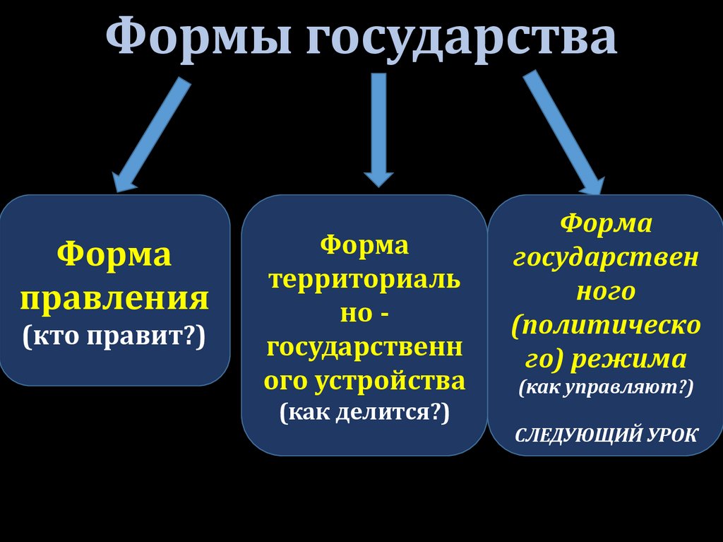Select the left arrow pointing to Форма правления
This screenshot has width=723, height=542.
point(151,134)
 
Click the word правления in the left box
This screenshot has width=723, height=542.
point(114,297)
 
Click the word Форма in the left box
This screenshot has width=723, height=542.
point(114,254)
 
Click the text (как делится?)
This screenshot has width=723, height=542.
point(364,412)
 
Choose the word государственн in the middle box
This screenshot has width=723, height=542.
point(364,347)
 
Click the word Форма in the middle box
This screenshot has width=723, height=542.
point(364,245)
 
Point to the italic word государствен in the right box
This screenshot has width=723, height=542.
point(606,258)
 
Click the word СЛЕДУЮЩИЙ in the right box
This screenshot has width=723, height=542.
point(574,433)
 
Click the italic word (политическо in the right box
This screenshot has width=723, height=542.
point(606,326)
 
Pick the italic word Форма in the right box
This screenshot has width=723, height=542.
point(606,224)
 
